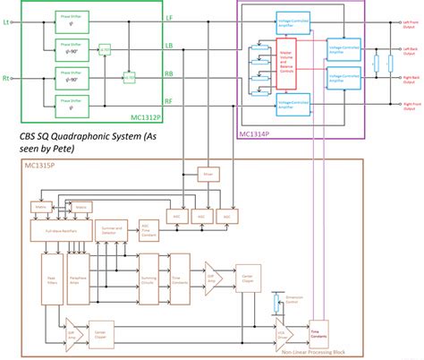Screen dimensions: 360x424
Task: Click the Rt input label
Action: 8,78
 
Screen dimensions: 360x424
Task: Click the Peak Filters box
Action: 52,279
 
